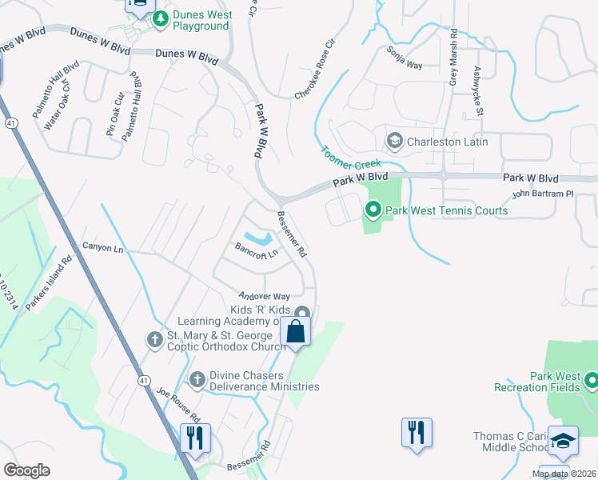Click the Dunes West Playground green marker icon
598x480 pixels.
pos(160,18)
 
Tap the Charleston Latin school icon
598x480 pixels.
pos(394,142)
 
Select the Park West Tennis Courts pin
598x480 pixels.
pos(373,210)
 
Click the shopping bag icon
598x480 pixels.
pos(295,331)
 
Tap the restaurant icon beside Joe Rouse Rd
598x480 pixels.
pos(195,437)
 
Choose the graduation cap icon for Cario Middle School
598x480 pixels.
pos(563,441)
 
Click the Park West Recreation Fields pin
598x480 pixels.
pos(592,380)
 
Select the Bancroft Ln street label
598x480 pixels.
pos(256,251)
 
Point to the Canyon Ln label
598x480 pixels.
pos(103,249)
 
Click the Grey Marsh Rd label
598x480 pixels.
pos(452,58)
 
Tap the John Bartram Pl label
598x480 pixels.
pos(543,194)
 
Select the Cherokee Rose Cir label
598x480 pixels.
pos(314,70)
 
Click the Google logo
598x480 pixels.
pos(26,470)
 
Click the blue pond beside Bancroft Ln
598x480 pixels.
pos(257,238)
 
